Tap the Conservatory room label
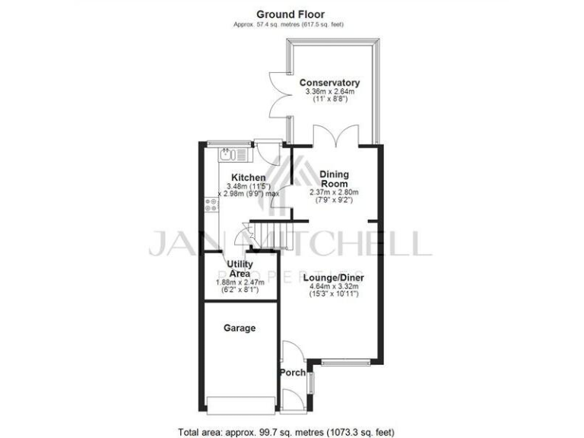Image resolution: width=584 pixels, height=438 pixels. point(328,83)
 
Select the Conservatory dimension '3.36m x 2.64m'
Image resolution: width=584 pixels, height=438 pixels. point(328,92)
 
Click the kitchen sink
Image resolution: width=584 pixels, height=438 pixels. point(233,156)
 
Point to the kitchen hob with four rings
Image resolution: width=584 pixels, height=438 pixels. point(211,205)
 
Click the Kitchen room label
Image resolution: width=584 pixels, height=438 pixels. point(249,178)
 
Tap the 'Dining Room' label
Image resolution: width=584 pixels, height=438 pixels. point(334,178)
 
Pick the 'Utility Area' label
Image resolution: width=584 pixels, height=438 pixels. point(240,268)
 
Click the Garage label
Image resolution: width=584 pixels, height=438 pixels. point(240,328)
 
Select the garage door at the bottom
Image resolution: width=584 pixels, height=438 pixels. point(241,404)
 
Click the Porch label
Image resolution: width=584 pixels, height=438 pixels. point(293,373)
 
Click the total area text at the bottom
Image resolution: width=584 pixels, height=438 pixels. point(286,431)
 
